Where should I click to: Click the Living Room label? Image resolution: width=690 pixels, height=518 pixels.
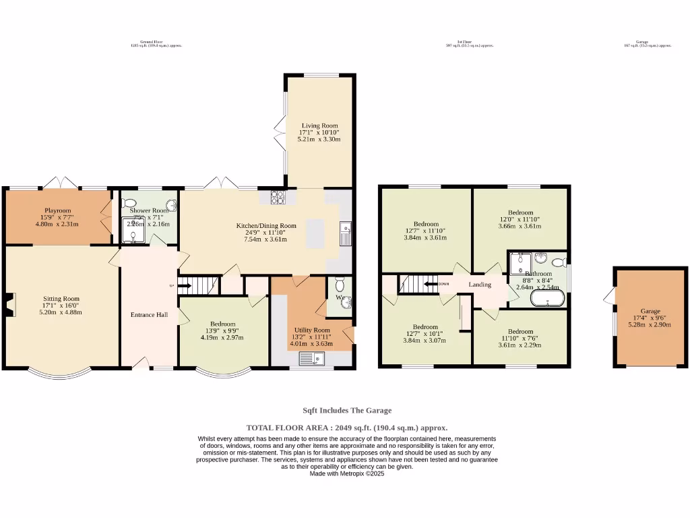[319, 125]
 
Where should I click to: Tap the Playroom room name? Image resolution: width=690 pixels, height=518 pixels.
[57, 210]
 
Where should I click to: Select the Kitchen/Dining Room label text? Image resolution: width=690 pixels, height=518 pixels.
[265, 226]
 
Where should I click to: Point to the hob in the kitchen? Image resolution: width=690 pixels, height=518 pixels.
[278, 197]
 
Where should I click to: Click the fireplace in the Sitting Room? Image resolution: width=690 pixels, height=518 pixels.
[8, 305]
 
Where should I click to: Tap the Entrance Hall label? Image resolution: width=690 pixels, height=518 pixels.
[149, 314]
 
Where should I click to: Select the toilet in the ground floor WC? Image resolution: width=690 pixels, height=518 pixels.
[340, 283]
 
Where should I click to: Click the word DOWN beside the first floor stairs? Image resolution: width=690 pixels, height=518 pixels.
[443, 284]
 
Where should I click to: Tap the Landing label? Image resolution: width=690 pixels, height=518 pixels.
[480, 285]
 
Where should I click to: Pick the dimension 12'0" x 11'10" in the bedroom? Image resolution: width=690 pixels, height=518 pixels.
[520, 219]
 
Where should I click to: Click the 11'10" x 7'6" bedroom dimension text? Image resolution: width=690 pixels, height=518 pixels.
[520, 339]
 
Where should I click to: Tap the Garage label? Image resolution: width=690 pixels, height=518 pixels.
[650, 312]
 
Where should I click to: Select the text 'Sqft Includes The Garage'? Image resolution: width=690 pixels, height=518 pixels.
[346, 410]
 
